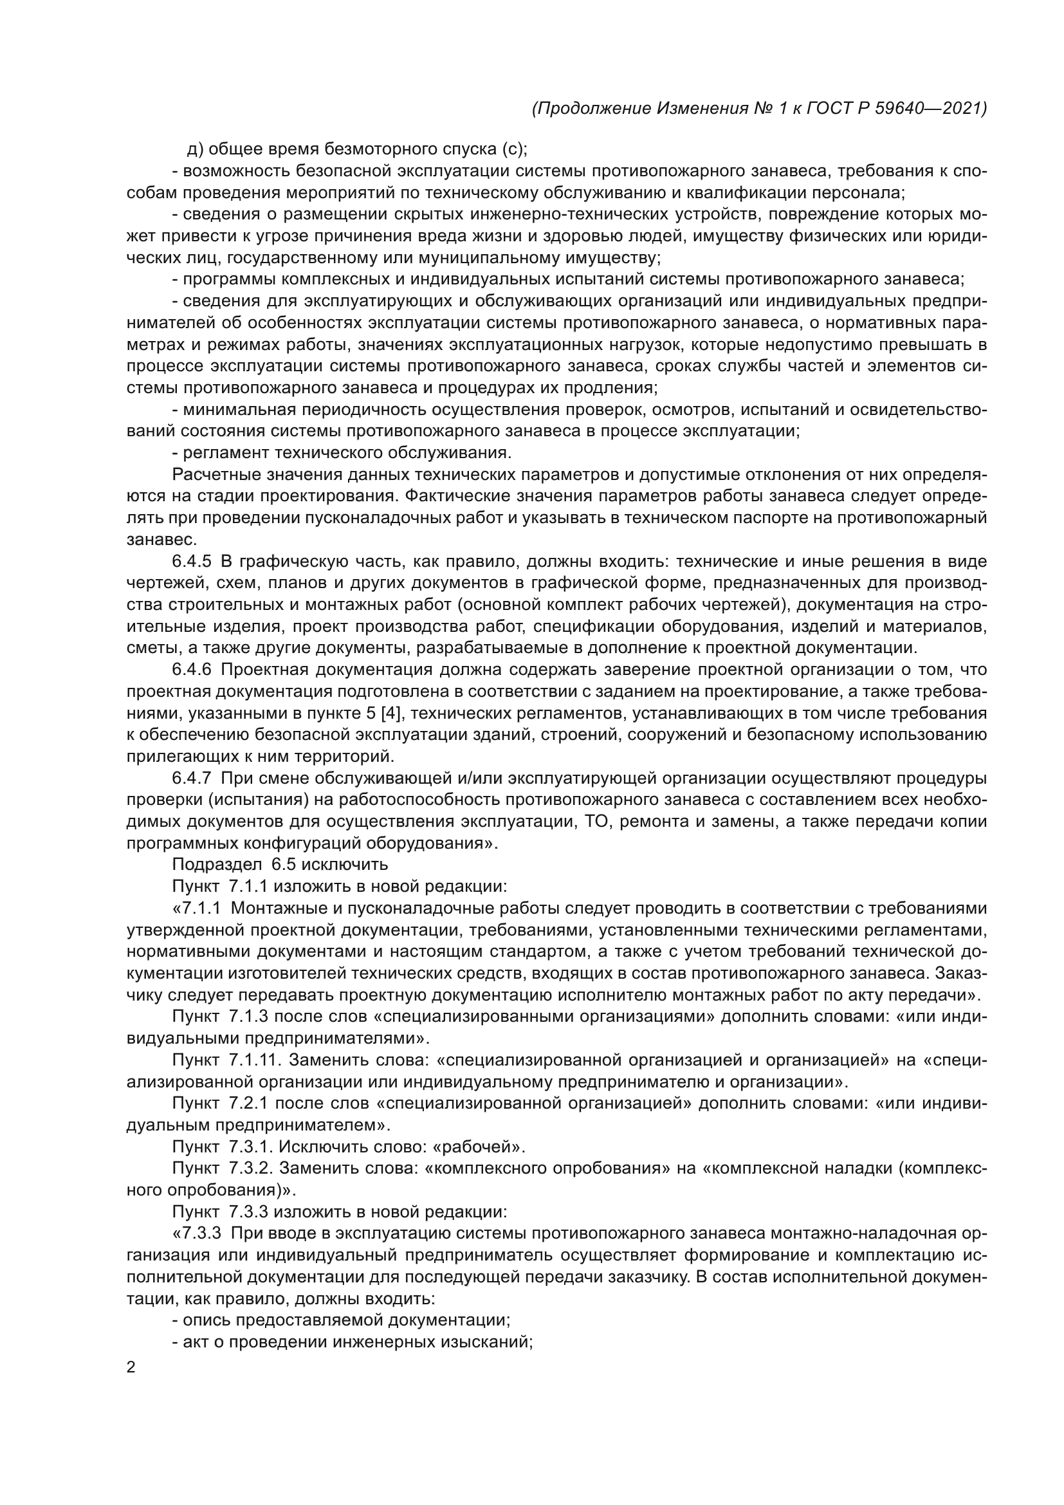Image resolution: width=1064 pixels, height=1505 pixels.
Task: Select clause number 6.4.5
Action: point(192,562)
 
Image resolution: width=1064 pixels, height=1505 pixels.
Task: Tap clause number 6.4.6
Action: point(192,670)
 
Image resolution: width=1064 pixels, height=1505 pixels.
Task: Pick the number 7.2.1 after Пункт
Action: point(248,1103)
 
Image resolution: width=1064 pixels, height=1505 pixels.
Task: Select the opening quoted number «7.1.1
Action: point(197,908)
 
